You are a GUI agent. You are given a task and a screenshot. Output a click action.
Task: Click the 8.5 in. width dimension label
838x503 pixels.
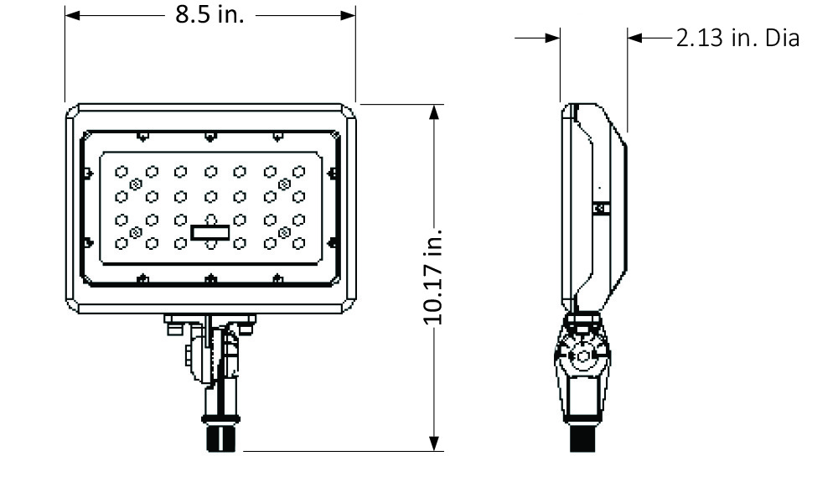[209, 15]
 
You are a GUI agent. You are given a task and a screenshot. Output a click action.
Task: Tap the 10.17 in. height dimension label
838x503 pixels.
[432, 275]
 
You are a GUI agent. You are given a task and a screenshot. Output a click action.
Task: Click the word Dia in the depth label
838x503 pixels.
[781, 39]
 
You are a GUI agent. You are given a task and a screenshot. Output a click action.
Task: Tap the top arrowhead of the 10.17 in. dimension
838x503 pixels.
[433, 111]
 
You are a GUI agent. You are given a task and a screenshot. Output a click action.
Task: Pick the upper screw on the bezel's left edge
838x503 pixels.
[86, 173]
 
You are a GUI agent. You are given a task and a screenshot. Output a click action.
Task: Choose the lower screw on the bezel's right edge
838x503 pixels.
[333, 241]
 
